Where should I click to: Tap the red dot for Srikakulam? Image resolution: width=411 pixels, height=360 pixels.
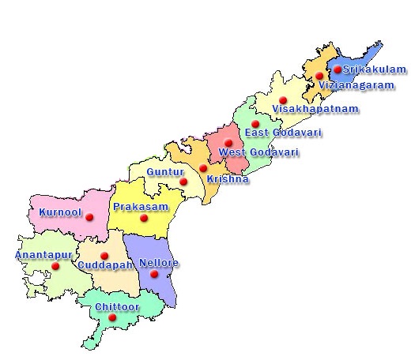pos(338,69)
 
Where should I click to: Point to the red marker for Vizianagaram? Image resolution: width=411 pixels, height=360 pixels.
pos(319,76)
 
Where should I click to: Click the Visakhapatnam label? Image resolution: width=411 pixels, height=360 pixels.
pos(315,108)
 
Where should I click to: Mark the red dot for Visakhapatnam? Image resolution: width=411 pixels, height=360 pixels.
pos(283,101)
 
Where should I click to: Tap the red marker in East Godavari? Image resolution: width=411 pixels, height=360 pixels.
pos(255,125)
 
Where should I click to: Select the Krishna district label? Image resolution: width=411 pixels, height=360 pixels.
pos(228,179)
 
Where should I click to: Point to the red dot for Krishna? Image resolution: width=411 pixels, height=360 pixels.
pos(203,168)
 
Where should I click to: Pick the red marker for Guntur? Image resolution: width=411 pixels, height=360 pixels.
pos(183,182)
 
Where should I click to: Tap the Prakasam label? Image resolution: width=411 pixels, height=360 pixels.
pos(138,207)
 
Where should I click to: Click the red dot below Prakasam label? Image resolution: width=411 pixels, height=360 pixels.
pos(143,219)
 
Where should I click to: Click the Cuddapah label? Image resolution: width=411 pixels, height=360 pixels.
pos(105,265)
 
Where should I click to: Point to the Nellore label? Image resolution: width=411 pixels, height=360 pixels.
pos(159,263)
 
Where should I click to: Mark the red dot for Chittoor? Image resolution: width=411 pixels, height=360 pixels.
pos(112,317)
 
